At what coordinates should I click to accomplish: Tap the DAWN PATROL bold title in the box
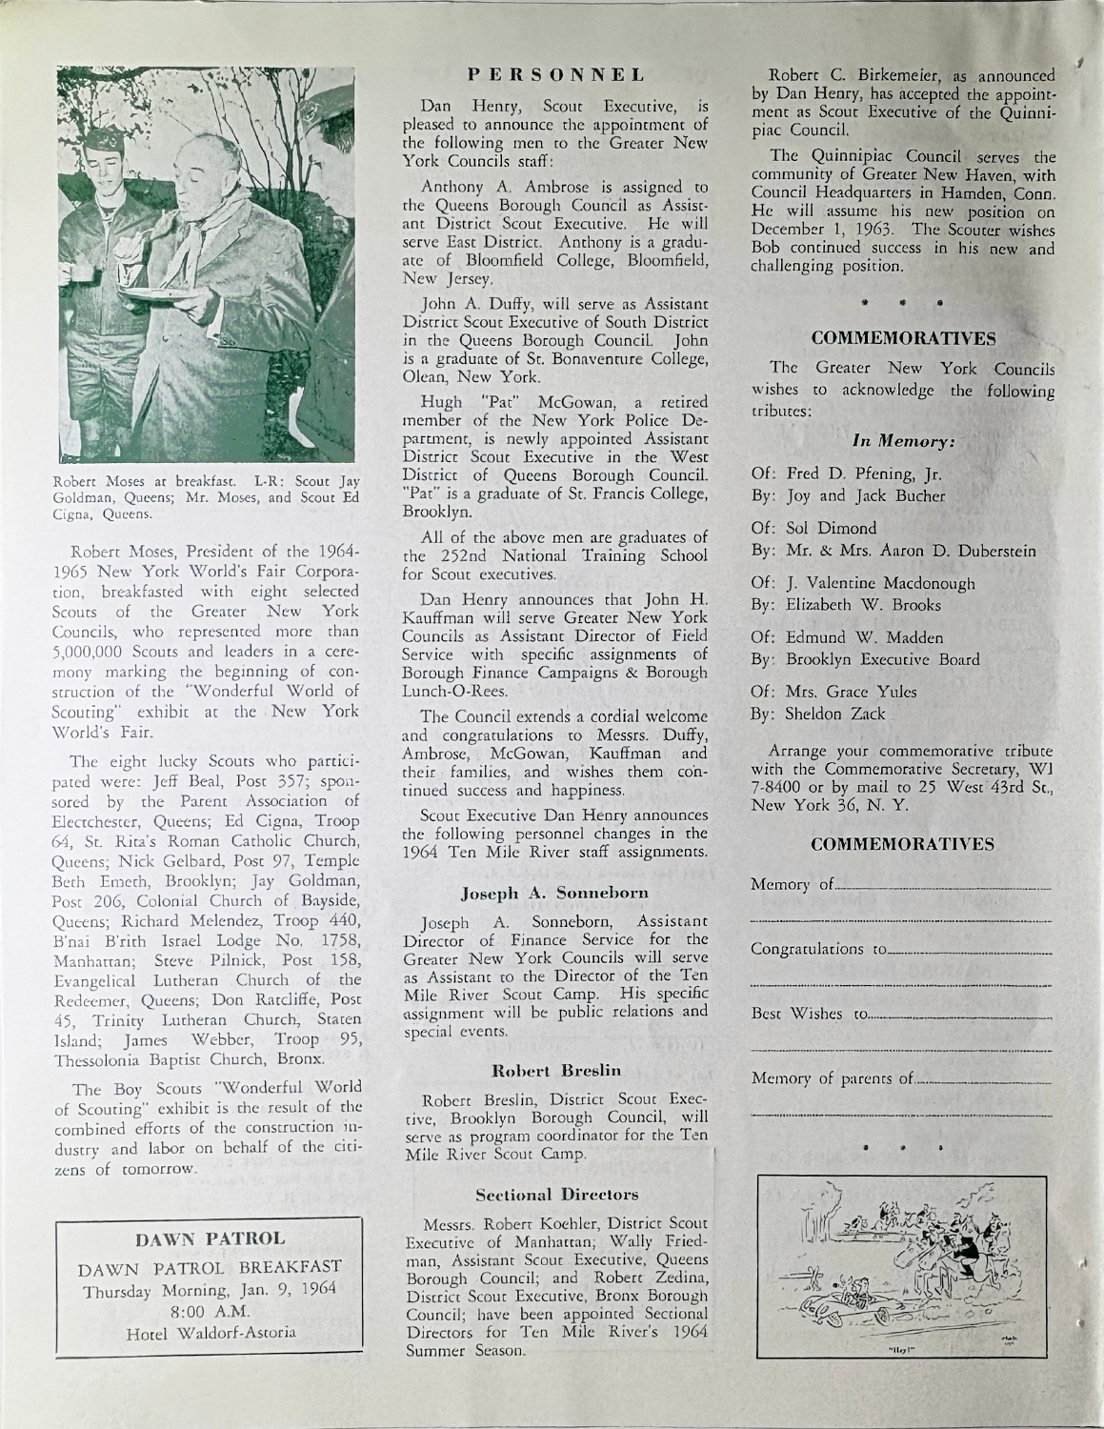pyautogui.click(x=211, y=1239)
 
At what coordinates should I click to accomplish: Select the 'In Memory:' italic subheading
pyautogui.click(x=903, y=441)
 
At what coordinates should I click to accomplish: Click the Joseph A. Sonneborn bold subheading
pyautogui.click(x=554, y=894)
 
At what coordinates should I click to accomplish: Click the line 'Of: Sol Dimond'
pyautogui.click(x=813, y=528)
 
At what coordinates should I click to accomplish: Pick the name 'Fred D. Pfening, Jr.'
pyautogui.click(x=849, y=473)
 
